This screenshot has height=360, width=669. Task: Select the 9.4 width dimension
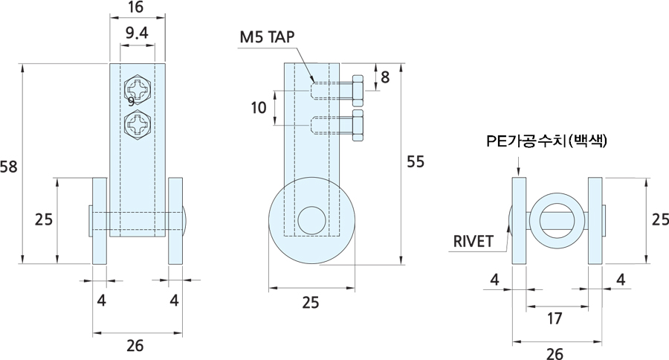[x=136, y=32]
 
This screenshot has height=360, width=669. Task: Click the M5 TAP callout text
[x=268, y=36]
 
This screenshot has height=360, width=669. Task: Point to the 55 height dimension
[x=416, y=161]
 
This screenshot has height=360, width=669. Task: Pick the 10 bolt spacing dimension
[x=258, y=108]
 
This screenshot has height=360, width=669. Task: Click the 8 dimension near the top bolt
[x=385, y=76]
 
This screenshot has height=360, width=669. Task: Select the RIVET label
[x=473, y=240]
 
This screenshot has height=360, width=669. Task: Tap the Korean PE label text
[x=546, y=140]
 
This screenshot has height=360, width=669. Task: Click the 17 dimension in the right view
[x=554, y=318]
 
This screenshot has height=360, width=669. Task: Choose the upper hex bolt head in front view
[x=138, y=87]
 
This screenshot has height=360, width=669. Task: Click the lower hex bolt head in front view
[x=138, y=124]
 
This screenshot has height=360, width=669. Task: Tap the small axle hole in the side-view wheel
[x=311, y=221]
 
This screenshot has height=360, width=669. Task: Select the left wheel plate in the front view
[x=100, y=220]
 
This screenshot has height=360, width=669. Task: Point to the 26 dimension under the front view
[x=135, y=345]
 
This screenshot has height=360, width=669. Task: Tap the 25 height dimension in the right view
[x=659, y=220]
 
